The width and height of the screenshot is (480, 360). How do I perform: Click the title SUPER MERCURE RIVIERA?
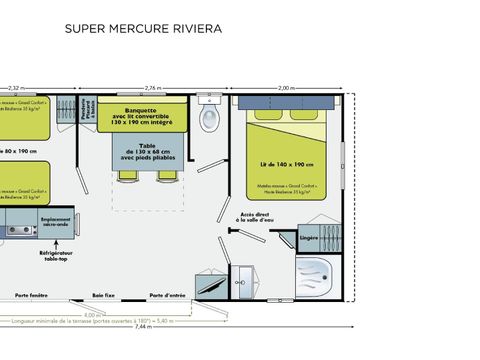coord(143,29)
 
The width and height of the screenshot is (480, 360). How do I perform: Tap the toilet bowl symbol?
coord(209,120)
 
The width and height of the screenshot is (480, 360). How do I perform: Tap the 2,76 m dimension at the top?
coord(155,87)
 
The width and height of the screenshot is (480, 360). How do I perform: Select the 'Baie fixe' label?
coord(104,296)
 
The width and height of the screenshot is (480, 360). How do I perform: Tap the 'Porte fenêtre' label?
coord(32,296)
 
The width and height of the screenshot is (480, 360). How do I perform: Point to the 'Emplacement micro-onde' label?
coord(56,222)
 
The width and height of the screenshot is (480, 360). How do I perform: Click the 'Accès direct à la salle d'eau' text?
coord(257,217)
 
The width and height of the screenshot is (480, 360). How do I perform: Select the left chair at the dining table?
coord(127,176)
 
